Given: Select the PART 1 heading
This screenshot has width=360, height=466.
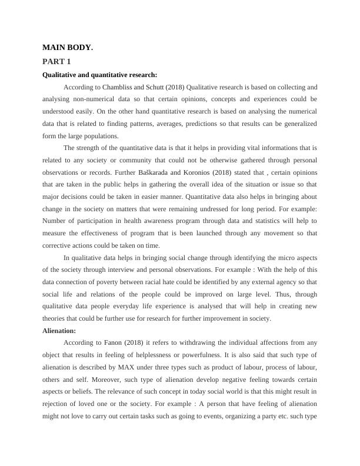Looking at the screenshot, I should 57,61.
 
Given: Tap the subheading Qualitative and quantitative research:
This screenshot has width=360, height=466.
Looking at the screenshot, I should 99,75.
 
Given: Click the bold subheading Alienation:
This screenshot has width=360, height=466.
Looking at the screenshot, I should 59,331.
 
